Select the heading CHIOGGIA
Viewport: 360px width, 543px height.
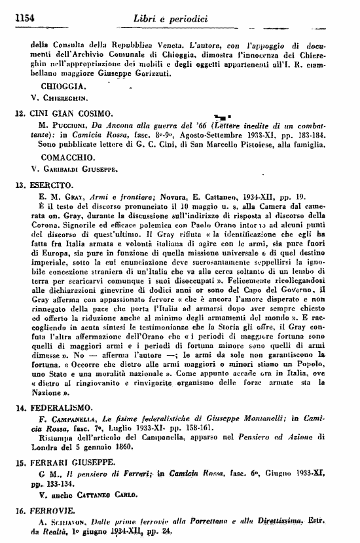[x=61, y=87]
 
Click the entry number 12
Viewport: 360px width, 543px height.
[x=18, y=113]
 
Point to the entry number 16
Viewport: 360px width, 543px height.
[x=18, y=507]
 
